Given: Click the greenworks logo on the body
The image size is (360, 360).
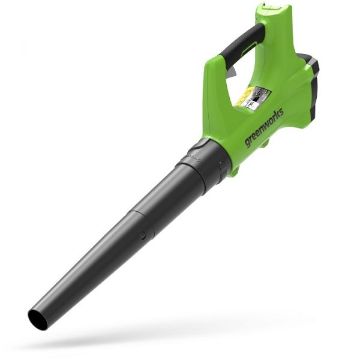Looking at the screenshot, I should [264, 128].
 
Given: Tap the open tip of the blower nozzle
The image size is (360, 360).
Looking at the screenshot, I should [37, 319].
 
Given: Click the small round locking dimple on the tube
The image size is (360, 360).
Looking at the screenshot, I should [143, 236].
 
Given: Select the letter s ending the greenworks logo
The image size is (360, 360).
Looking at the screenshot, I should [281, 112].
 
